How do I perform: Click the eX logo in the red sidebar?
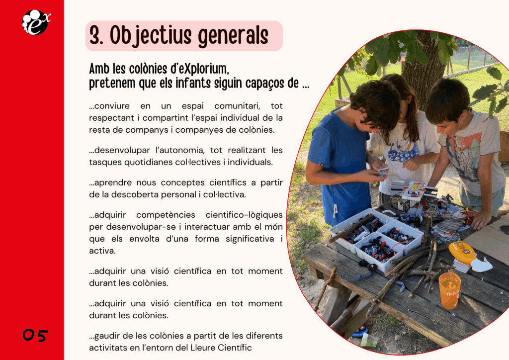[36, 22]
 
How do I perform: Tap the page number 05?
[35, 335]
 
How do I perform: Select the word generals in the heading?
[233, 36]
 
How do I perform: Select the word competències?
[166, 215]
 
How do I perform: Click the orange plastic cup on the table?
[449, 290]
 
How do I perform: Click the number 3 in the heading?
[95, 35]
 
